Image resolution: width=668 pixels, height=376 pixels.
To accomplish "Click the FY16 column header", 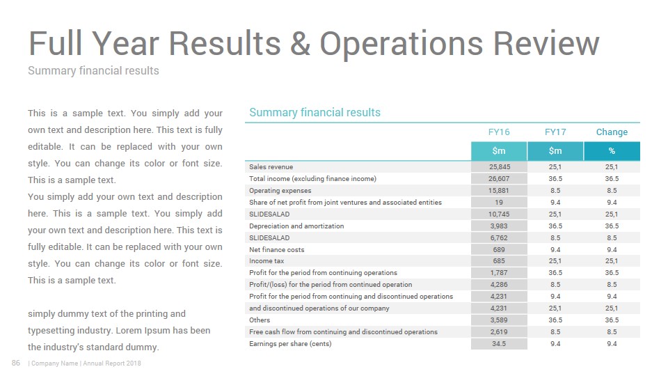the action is click(x=499, y=132).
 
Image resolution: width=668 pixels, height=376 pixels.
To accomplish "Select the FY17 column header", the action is click(x=555, y=132).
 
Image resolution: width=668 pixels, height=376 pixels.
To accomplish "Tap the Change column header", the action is click(x=612, y=132).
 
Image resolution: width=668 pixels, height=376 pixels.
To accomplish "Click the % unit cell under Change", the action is click(x=612, y=151).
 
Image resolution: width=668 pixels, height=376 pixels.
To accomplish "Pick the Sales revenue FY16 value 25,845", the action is click(x=500, y=167).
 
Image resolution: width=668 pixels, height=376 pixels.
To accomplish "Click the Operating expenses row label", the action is click(x=280, y=191).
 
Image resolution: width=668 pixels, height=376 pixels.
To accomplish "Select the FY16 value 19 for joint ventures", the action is click(x=499, y=203).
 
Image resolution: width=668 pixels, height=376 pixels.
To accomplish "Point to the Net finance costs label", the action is click(x=277, y=250).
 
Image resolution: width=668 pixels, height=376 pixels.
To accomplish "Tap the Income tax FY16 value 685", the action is click(x=499, y=261).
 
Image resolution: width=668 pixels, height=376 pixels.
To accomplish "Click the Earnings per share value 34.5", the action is click(x=499, y=343).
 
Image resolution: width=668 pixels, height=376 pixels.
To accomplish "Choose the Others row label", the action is click(x=260, y=320).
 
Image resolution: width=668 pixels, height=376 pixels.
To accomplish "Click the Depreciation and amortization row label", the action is click(x=296, y=226).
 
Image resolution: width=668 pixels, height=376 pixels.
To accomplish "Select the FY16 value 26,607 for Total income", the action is click(x=499, y=179).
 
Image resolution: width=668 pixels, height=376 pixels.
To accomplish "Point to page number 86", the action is click(x=16, y=363).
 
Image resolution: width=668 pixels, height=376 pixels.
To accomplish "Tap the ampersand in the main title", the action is click(x=300, y=43).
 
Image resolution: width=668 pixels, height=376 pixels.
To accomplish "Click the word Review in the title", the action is click(x=546, y=43).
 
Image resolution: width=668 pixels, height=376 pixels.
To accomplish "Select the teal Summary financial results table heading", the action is click(x=315, y=113).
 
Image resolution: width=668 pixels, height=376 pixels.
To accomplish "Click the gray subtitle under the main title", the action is click(x=93, y=71).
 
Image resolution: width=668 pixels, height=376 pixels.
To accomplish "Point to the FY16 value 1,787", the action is click(x=499, y=273).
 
